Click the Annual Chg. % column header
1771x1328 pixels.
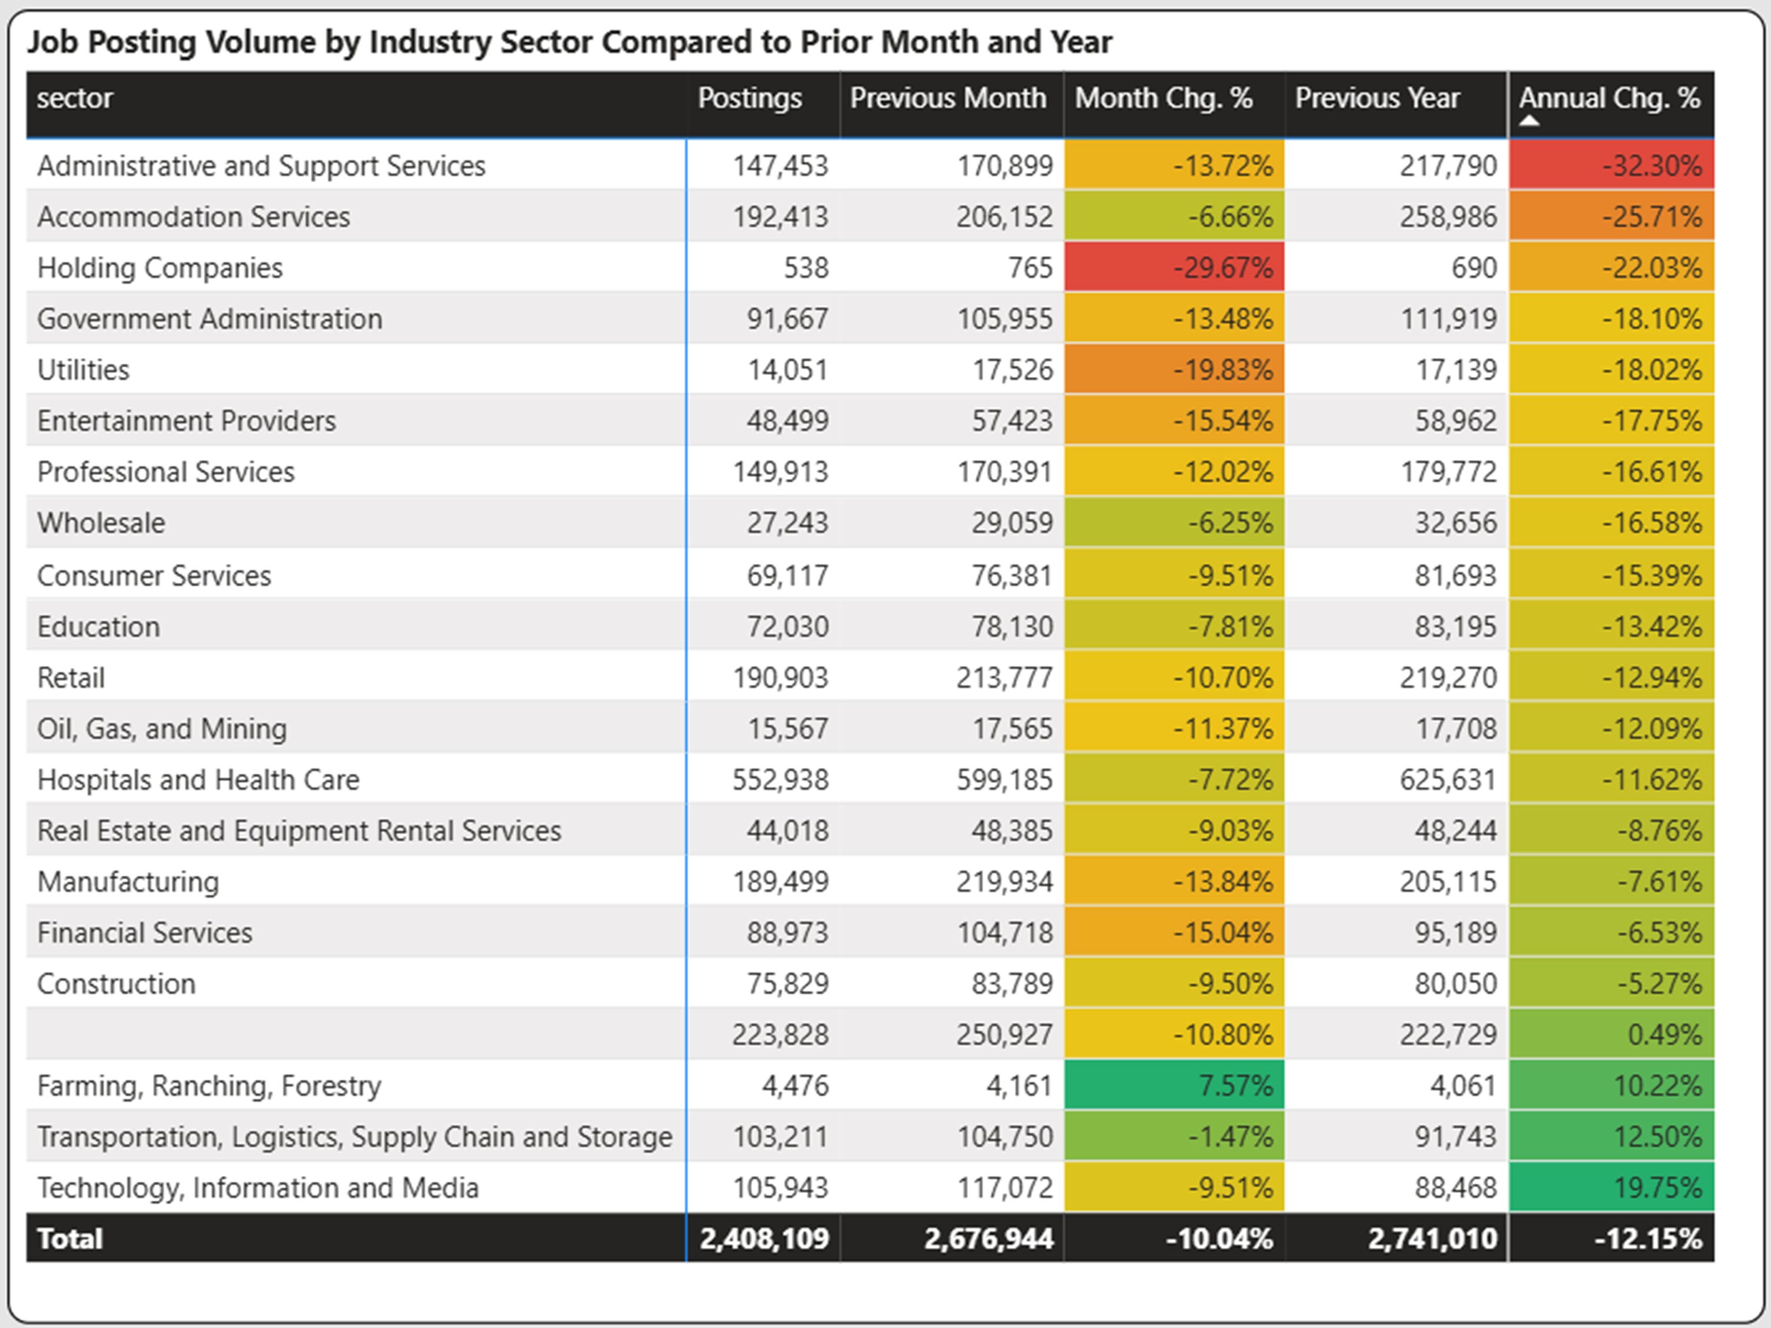click(x=1609, y=98)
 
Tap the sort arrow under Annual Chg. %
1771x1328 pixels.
click(x=1529, y=121)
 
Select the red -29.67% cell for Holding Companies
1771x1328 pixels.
click(x=1174, y=267)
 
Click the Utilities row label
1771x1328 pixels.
click(x=83, y=370)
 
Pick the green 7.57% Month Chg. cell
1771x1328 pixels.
click(x=1174, y=1086)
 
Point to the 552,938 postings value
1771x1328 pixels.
click(x=780, y=780)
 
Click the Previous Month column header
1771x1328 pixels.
click(x=948, y=98)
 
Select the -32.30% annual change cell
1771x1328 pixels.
click(x=1611, y=166)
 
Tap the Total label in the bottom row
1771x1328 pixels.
click(x=70, y=1239)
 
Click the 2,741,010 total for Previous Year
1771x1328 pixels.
click(x=1432, y=1239)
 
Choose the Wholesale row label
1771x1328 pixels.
click(x=101, y=522)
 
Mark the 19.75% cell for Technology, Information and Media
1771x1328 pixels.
click(x=1611, y=1188)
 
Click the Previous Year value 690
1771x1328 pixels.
click(x=1473, y=267)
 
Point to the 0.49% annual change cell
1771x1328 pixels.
click(x=1611, y=1034)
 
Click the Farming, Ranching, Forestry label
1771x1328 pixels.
click(x=209, y=1086)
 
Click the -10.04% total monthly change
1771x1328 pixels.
click(x=1219, y=1239)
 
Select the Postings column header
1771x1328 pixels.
click(x=749, y=98)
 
